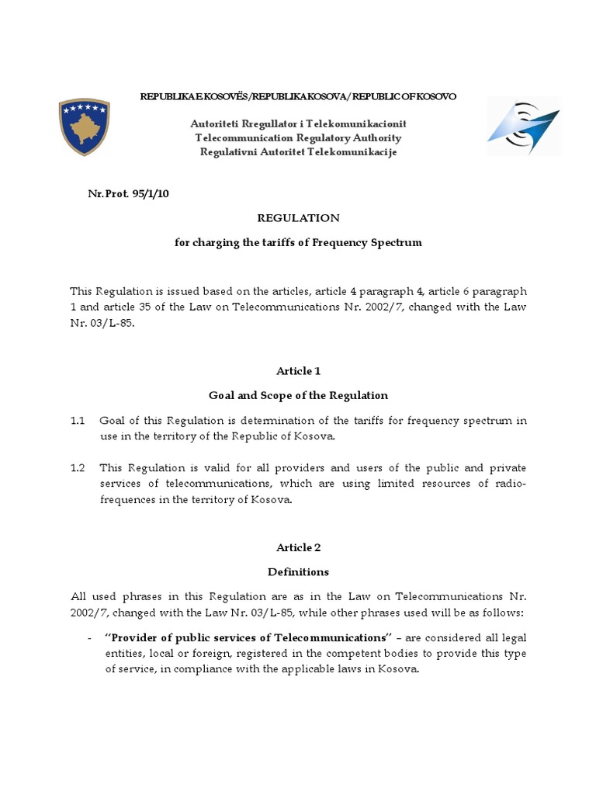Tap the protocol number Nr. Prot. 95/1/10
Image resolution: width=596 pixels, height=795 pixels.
tap(128, 194)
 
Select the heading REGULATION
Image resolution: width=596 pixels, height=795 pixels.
tap(298, 218)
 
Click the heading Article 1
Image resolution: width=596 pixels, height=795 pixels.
tap(298, 371)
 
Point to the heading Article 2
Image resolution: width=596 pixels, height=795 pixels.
tap(298, 547)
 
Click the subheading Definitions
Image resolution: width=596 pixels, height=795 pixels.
tap(298, 571)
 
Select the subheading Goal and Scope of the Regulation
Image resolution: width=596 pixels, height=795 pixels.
tap(298, 395)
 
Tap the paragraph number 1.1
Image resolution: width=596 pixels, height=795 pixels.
tap(77, 421)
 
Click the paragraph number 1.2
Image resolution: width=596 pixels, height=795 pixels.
tap(77, 468)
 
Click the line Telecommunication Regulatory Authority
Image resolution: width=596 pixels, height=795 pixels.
tap(298, 137)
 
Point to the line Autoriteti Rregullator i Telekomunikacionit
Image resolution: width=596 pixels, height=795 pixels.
tap(298, 124)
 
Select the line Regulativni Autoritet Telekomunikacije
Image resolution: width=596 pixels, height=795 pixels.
tap(298, 151)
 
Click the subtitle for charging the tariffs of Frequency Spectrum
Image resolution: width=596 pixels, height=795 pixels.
tap(298, 242)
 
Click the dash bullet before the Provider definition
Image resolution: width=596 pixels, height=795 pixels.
tap(91, 637)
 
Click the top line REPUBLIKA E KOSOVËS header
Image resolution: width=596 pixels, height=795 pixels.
tap(298, 96)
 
